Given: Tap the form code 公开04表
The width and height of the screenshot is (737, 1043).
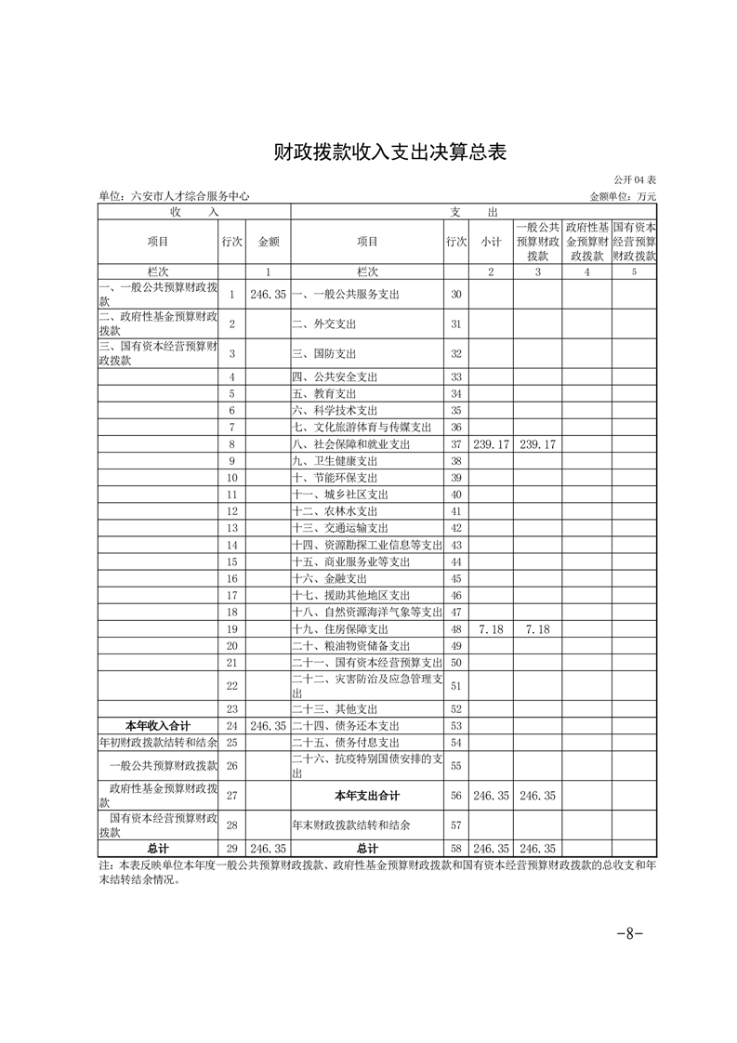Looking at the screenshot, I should [x=635, y=179].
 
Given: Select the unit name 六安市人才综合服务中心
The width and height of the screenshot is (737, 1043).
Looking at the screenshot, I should [x=174, y=196].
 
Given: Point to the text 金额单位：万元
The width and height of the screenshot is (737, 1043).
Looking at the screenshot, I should [x=623, y=196].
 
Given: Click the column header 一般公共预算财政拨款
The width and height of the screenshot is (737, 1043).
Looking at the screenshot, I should [x=537, y=242].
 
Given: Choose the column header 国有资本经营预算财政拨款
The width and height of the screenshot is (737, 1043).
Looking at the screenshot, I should [x=634, y=242].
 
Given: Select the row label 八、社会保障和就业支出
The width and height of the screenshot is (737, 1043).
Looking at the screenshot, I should [x=351, y=444].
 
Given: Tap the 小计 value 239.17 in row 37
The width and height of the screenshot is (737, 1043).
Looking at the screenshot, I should [x=492, y=444].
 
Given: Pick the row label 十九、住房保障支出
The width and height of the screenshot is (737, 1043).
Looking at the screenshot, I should [x=340, y=629].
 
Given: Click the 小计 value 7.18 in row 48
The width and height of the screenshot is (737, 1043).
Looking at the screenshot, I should [x=492, y=629].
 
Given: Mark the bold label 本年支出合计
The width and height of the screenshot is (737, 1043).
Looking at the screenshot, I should [x=367, y=796].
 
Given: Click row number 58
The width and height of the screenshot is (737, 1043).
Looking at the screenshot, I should [x=455, y=849].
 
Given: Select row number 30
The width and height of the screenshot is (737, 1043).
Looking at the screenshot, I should [x=455, y=294].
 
